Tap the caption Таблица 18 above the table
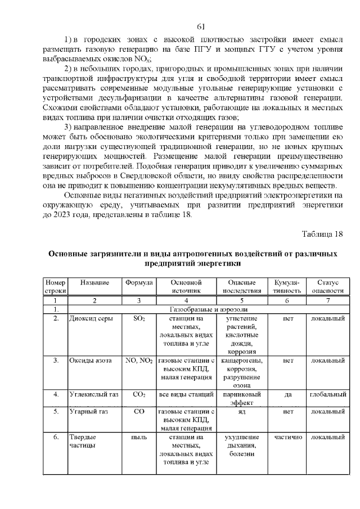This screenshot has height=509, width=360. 322,233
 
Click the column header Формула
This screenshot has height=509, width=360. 139,282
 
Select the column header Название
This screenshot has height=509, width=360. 94,282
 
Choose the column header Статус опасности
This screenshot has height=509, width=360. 327,286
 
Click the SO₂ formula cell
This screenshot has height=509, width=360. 139,318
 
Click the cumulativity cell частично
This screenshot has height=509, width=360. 288,436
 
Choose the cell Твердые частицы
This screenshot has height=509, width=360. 83,441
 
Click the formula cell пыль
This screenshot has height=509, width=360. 139,436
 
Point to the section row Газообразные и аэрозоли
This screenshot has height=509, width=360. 206,309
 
